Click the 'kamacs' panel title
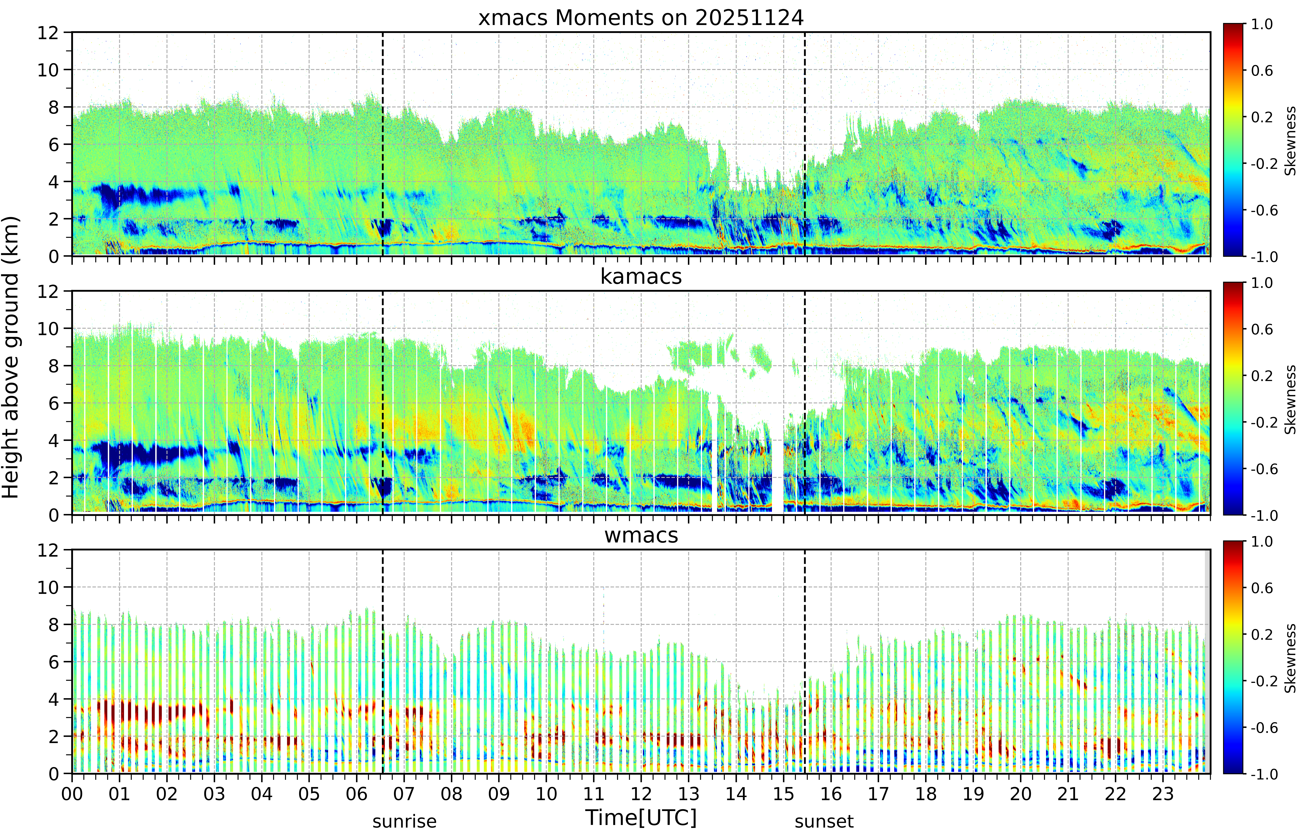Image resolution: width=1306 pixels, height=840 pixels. click(641, 276)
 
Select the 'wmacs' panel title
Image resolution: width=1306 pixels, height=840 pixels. click(641, 535)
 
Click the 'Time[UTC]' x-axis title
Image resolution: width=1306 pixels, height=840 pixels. click(641, 818)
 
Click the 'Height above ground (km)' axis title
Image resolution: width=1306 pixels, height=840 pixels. click(11, 357)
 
